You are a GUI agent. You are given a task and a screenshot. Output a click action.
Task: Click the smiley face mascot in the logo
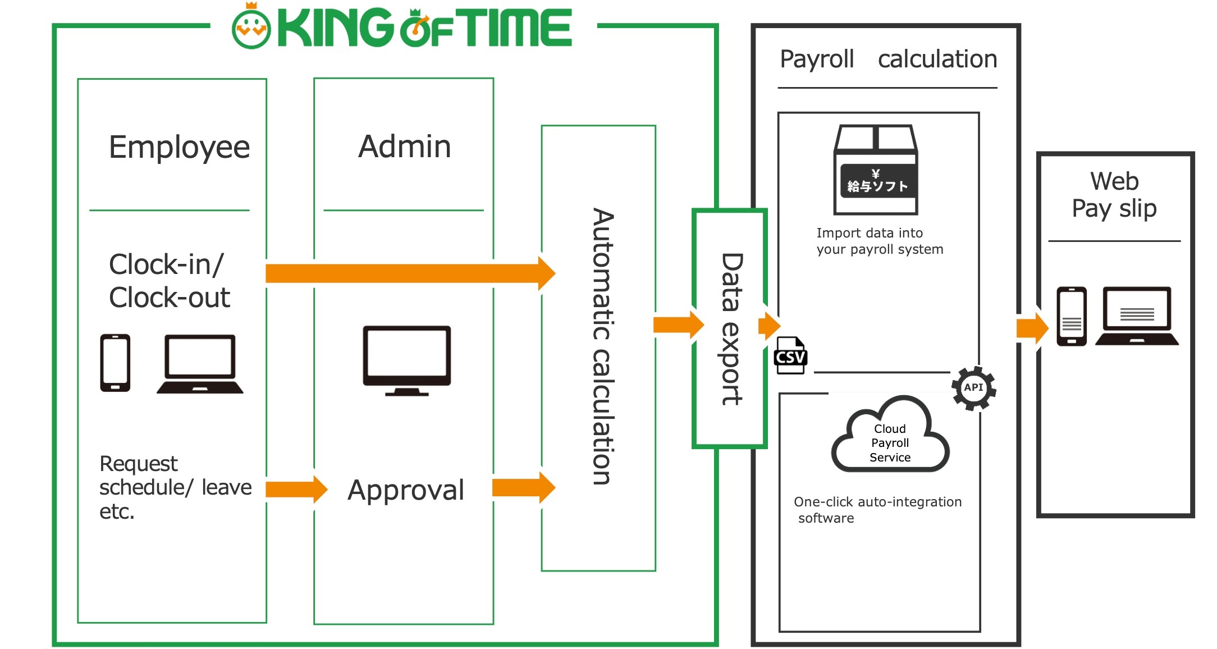251,28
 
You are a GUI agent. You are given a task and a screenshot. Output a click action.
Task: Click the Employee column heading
179,147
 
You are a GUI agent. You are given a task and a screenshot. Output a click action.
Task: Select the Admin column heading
404,147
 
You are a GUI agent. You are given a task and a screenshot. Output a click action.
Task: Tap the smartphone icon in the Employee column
115,363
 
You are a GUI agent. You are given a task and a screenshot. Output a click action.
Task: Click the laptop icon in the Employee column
200,364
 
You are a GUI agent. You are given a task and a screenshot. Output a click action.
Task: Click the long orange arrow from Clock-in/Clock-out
410,273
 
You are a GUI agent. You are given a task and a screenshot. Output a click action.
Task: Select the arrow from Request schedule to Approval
296,489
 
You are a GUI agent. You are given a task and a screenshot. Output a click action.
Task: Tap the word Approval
406,490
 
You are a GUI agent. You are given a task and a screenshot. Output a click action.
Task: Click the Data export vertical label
731,329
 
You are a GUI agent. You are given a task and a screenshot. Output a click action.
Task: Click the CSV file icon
790,355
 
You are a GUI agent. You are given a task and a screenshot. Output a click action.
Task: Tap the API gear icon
973,387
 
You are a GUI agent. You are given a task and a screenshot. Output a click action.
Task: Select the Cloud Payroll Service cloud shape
890,436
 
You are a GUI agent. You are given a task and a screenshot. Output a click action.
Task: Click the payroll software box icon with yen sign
876,170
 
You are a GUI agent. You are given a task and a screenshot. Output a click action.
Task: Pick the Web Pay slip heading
1114,194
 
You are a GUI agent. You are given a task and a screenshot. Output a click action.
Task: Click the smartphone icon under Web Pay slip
1071,316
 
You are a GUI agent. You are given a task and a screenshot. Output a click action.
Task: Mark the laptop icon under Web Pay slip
1137,316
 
